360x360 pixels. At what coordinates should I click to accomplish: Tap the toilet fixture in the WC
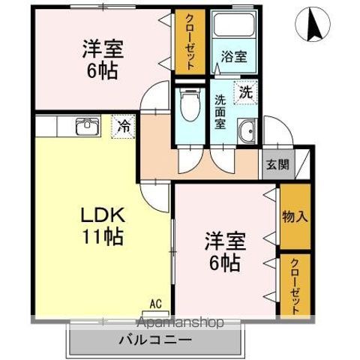click(x=189, y=105)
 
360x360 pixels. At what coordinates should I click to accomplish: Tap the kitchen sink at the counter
click(x=86, y=125)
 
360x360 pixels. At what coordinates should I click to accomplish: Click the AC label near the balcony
click(x=155, y=304)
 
